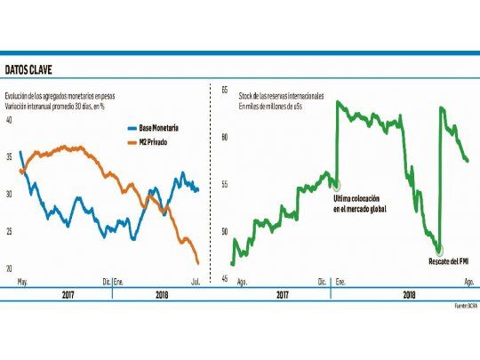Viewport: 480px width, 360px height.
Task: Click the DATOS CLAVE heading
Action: tap(34, 68)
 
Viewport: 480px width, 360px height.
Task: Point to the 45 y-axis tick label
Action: tap(225, 278)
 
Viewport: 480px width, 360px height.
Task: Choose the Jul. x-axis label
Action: tap(193, 282)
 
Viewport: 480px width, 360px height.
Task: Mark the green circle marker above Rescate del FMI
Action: tap(439, 250)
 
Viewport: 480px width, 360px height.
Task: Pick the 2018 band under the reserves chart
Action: tap(410, 293)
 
